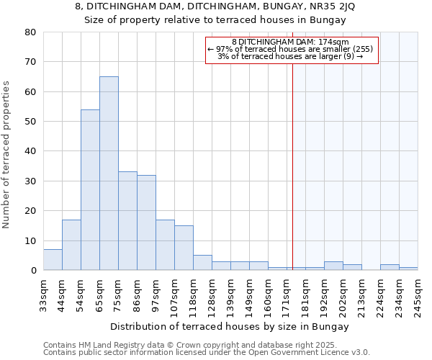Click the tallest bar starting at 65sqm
click(x=109, y=174)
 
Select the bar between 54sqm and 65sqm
click(x=90, y=190)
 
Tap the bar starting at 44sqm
click(x=71, y=245)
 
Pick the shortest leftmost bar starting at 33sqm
click(x=53, y=260)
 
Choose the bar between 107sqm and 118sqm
click(x=184, y=248)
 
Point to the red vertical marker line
click(x=293, y=166)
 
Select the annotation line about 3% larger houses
click(x=290, y=57)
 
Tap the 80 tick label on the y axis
click(x=30, y=32)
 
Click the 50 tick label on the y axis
click(x=30, y=122)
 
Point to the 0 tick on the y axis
click(x=33, y=271)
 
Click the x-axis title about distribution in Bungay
click(x=230, y=326)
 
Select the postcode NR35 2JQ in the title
click(x=329, y=6)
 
